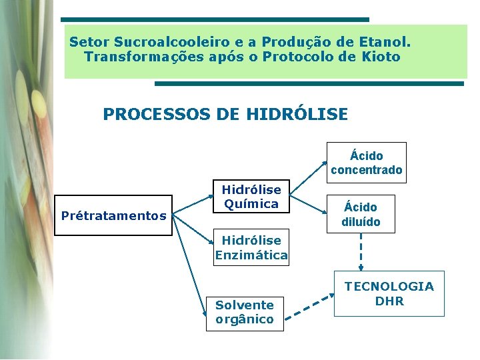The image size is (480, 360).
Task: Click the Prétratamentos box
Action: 113,215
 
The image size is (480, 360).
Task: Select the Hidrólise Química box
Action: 251,197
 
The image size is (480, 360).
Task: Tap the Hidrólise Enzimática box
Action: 251,247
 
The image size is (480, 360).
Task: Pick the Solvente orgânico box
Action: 245,313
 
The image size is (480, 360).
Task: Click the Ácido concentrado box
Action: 366,163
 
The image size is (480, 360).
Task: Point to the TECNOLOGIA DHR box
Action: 389,293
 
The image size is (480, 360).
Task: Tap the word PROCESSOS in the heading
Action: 157,115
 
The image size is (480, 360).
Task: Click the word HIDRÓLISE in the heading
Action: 297,115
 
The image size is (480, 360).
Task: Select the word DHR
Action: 389,301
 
